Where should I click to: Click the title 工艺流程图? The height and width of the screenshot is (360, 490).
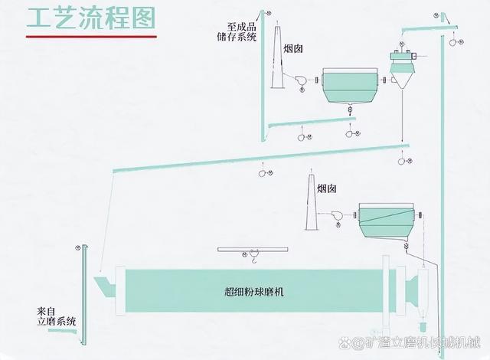click(x=91, y=17)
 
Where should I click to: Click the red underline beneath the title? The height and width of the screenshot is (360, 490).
click(x=91, y=36)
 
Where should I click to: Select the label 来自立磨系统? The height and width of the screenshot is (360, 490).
click(x=56, y=316)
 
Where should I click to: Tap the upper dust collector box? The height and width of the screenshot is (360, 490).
click(x=349, y=85)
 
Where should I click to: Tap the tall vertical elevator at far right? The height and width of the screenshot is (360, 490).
click(x=442, y=191)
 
